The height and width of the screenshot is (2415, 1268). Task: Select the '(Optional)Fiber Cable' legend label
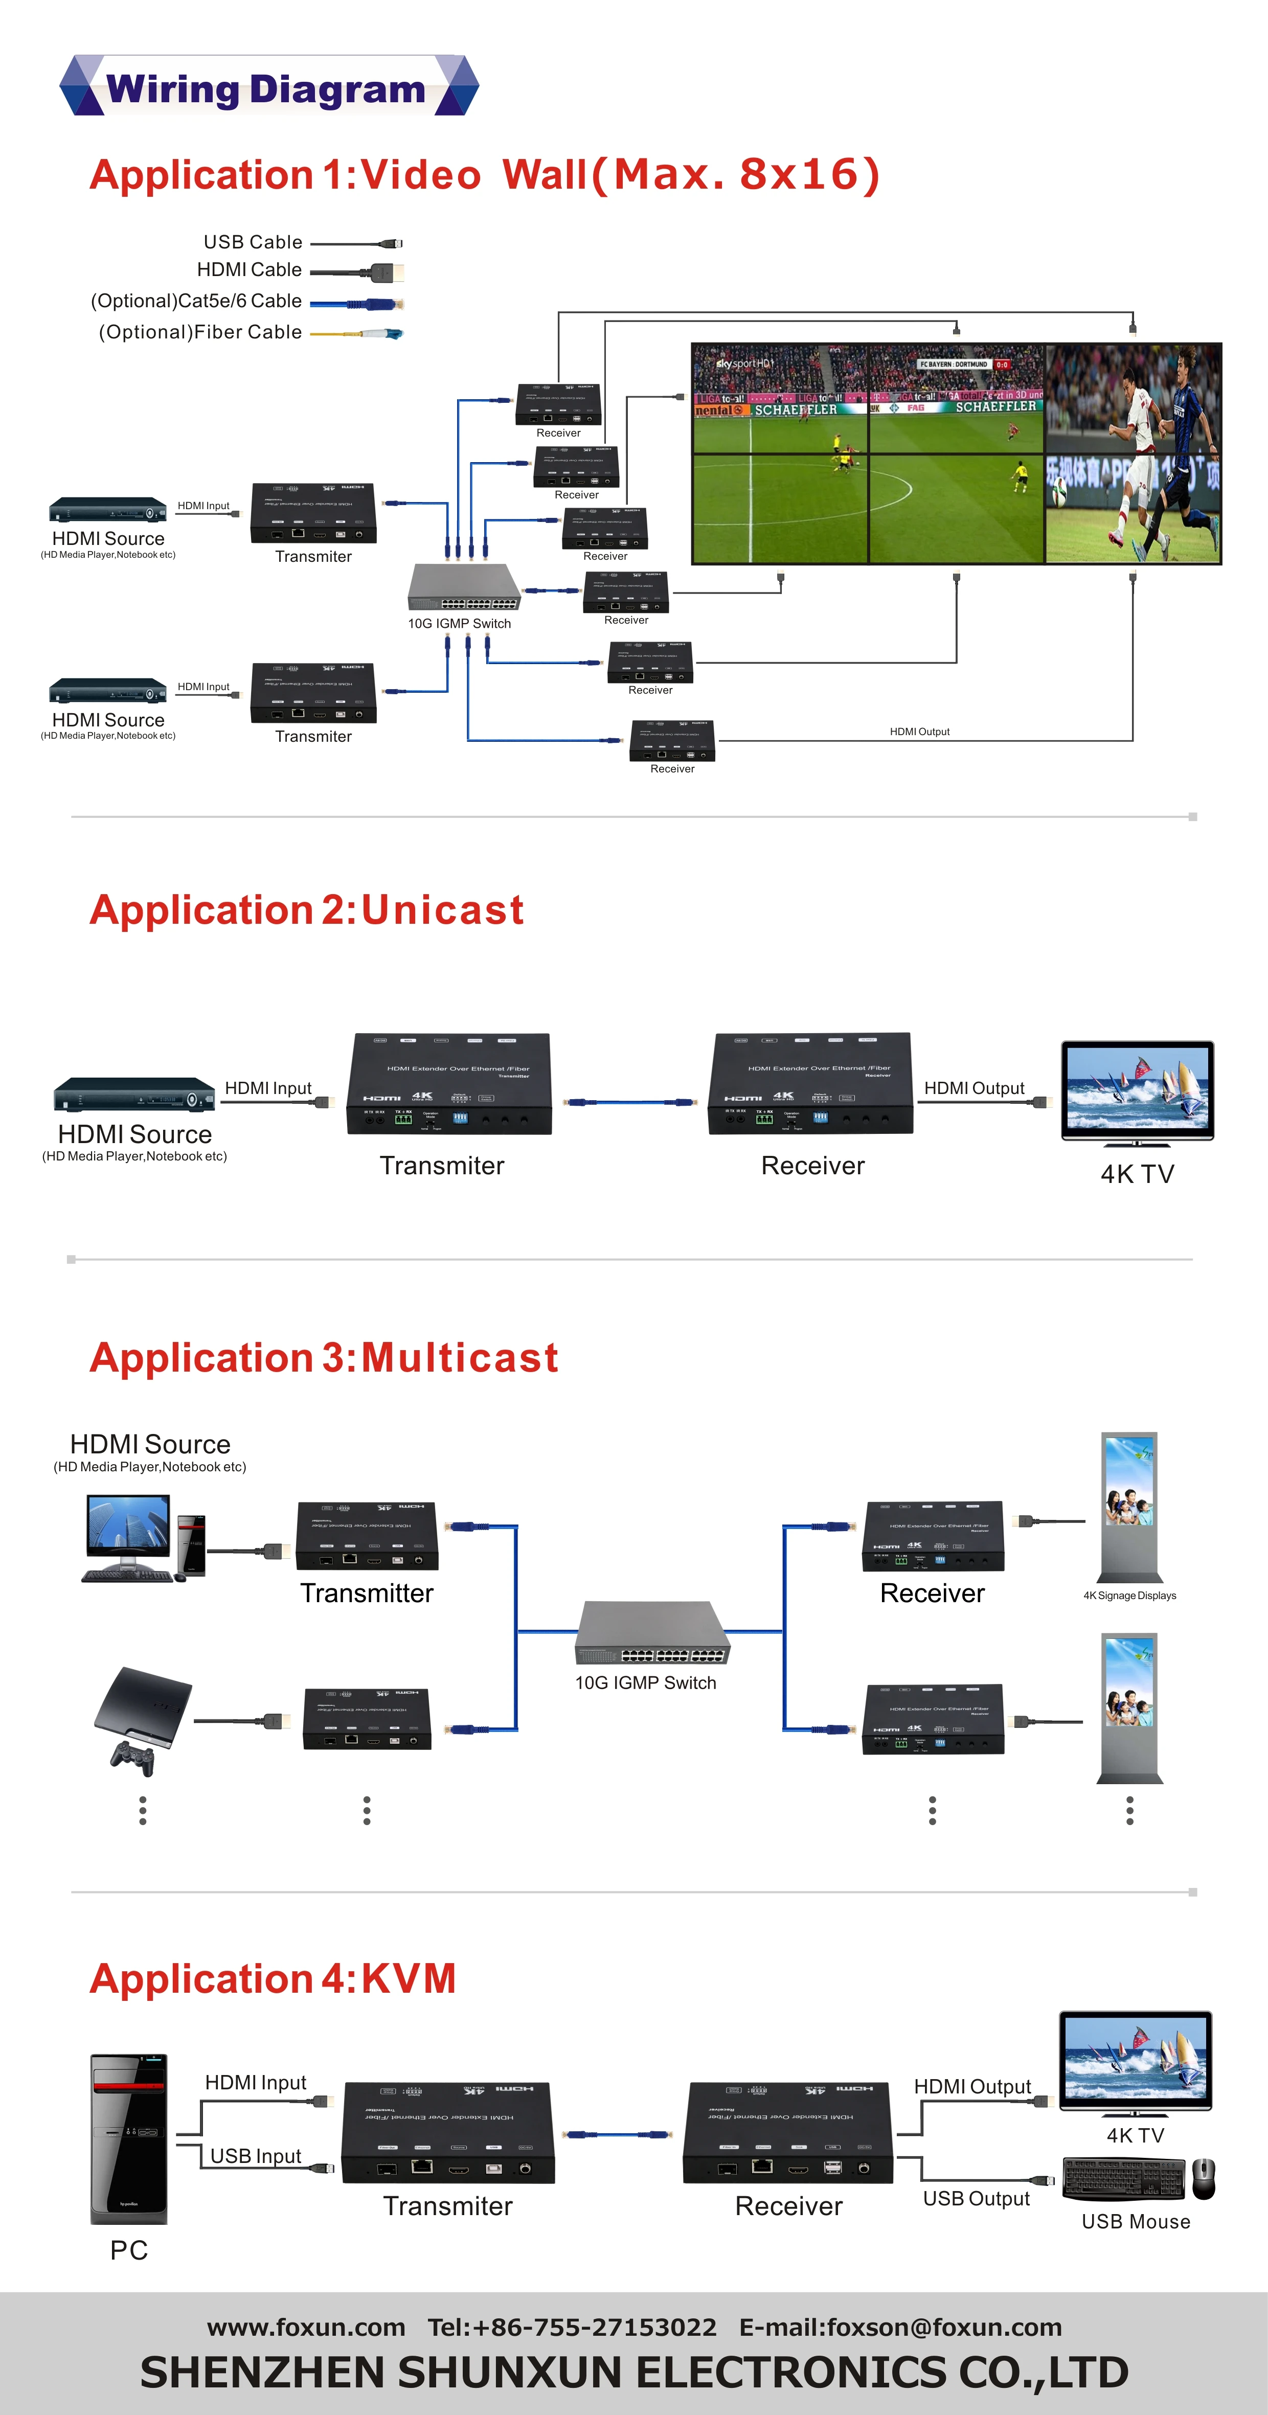click(200, 332)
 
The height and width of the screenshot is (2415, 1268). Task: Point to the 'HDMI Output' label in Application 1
click(919, 731)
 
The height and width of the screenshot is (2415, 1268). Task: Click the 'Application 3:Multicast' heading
click(324, 1357)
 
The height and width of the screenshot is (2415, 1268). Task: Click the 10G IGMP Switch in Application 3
click(652, 1633)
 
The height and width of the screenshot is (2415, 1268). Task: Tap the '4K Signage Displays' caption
click(1129, 1596)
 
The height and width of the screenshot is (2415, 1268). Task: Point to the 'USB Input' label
click(255, 2156)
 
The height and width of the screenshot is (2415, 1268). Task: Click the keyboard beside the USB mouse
click(1124, 2179)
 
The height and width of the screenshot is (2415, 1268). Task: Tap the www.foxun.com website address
click(306, 2327)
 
